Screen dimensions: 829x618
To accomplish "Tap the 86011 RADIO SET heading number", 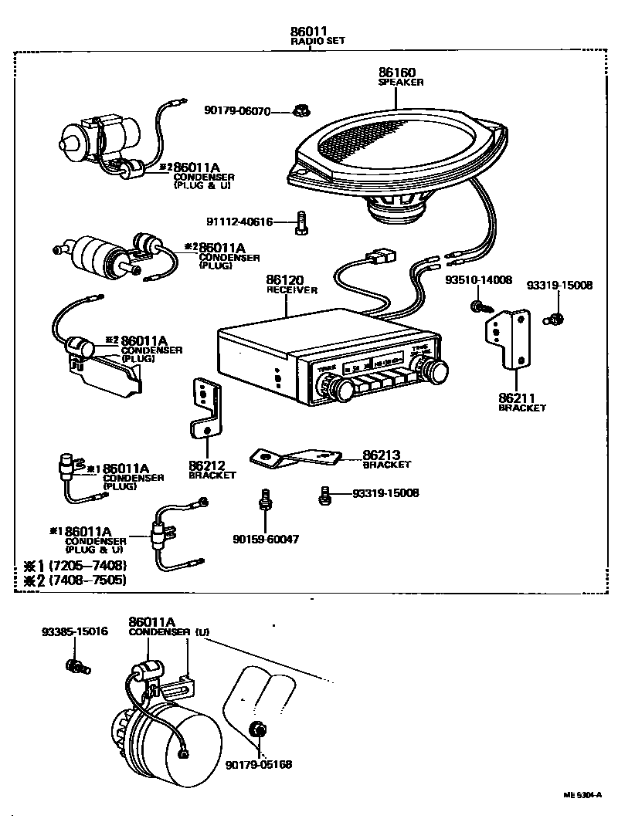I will tap(307, 32).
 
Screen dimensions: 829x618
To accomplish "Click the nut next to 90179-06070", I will tap(301, 111).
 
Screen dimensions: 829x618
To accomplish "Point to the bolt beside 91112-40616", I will tap(301, 222).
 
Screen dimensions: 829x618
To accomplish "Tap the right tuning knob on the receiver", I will tap(437, 370).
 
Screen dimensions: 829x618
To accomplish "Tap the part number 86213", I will tap(382, 455).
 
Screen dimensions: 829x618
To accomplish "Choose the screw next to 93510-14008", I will tap(478, 307).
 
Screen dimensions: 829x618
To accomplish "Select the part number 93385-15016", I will tap(75, 631).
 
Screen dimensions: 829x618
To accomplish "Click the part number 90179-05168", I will tap(259, 764).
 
